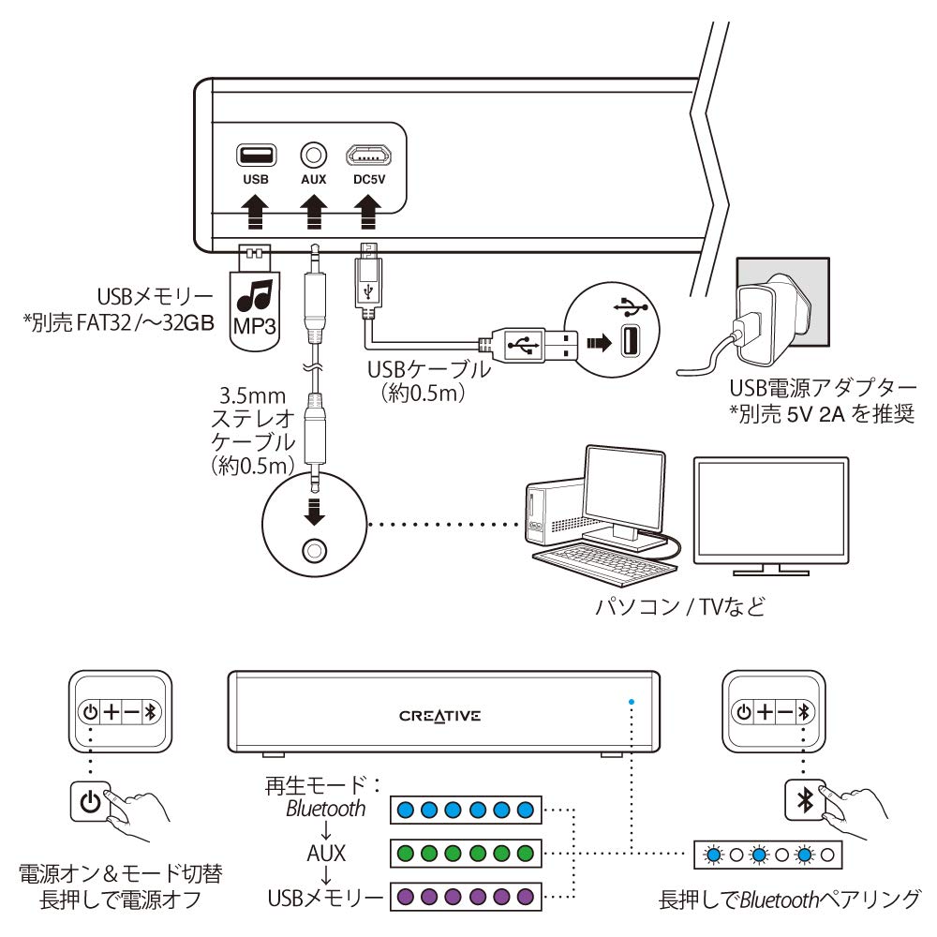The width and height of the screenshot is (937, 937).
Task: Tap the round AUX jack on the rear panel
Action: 314,153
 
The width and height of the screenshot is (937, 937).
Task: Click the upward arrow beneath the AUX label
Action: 314,207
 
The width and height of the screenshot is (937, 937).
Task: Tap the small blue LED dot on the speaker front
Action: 632,700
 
